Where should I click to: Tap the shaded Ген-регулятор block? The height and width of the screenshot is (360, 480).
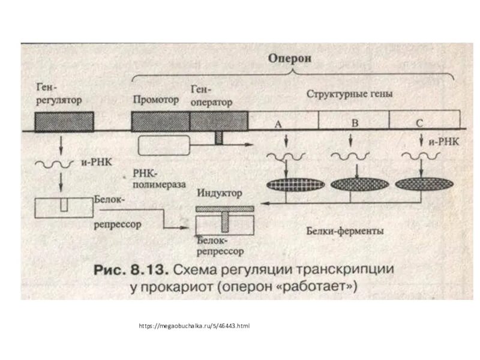coord(64,121)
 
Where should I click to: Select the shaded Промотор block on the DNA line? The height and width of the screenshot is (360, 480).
coord(160,121)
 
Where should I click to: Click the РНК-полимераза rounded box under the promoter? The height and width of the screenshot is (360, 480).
coord(163,145)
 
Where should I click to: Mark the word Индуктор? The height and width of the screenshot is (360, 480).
coord(219,194)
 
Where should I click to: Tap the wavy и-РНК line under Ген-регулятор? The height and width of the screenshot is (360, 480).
coord(54,163)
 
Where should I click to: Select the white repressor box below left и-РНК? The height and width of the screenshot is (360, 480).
coord(63,207)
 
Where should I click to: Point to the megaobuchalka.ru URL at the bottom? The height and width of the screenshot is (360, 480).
coord(193,326)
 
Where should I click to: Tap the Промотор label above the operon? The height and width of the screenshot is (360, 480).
coord(156,100)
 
